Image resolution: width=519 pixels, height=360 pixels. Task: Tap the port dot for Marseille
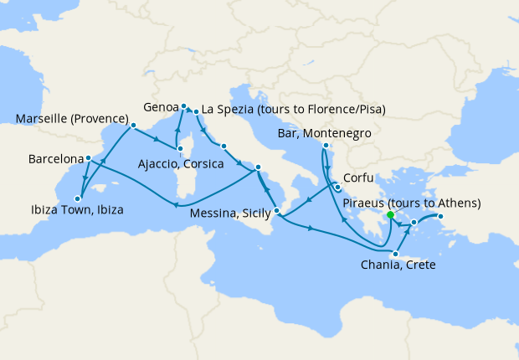[132, 126]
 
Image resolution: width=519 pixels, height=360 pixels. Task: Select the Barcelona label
[55, 158]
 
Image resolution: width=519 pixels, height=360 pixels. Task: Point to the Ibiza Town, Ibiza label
[75, 209]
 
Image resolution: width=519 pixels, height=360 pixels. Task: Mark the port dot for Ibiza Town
[77, 198]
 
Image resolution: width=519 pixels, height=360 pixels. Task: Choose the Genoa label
[161, 107]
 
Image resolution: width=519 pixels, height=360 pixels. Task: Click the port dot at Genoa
[184, 106]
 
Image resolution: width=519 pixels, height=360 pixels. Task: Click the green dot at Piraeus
[390, 215]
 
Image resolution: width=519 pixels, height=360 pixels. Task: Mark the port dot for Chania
[392, 253]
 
